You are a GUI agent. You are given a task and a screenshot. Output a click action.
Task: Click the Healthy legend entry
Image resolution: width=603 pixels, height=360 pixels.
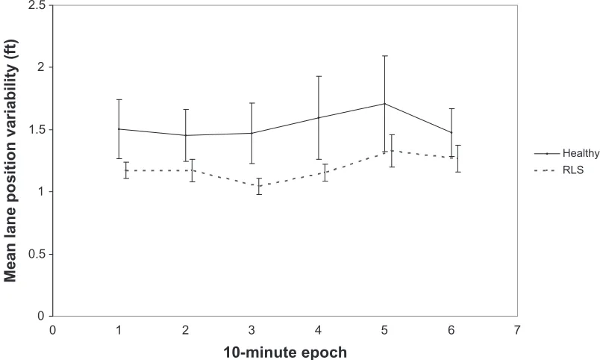tap(566, 153)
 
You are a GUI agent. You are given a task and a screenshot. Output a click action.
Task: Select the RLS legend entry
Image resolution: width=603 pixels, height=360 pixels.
tap(559, 170)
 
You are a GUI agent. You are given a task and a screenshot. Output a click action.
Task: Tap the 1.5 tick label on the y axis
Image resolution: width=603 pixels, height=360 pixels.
tap(36, 130)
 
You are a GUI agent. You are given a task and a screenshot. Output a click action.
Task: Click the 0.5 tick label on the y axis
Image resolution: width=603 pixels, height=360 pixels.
tap(36, 254)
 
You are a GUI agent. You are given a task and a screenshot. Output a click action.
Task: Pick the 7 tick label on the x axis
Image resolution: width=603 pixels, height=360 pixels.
tap(517, 330)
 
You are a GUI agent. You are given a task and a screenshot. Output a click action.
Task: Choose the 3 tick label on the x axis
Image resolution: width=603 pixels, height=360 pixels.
tap(251, 330)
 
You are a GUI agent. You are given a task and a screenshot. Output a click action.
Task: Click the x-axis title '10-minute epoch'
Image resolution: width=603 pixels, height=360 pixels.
tap(285, 353)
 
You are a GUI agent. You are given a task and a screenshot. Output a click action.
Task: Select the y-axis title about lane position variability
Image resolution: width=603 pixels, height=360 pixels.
tap(10, 161)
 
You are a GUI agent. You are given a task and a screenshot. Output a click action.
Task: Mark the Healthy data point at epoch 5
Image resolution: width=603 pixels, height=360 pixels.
tap(384, 104)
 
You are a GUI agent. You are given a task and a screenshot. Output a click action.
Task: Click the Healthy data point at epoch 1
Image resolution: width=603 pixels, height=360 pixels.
tap(119, 129)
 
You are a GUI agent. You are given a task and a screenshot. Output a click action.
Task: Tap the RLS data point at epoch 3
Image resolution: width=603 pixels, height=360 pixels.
tap(259, 186)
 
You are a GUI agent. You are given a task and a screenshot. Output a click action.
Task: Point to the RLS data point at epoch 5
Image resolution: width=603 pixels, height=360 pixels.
tap(392, 151)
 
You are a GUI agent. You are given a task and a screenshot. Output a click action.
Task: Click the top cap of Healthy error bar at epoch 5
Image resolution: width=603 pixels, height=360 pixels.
tap(384, 56)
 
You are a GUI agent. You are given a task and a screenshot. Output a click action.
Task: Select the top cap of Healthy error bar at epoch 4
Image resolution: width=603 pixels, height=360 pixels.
tap(319, 76)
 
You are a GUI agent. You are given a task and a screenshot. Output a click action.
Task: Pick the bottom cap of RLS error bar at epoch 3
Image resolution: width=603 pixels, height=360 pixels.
tap(259, 194)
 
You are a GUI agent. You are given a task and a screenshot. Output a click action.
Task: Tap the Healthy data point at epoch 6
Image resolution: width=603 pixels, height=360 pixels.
tap(451, 132)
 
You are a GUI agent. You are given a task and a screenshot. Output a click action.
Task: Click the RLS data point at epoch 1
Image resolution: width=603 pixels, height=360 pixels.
tap(126, 170)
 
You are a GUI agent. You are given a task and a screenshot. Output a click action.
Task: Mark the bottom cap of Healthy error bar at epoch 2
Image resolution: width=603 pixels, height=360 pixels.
tap(186, 161)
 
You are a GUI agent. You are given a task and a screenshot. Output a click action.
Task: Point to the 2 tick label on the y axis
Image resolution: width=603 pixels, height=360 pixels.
tap(40, 67)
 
